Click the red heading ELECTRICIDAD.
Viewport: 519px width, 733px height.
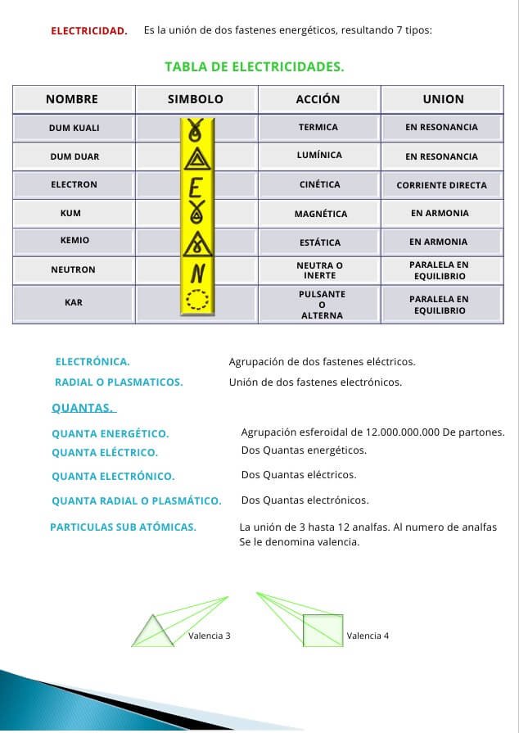coord(89,31)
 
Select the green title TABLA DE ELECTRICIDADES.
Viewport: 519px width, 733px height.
coord(254,67)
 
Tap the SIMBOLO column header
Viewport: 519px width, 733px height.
coord(196,99)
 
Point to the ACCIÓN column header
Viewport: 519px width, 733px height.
coord(318,99)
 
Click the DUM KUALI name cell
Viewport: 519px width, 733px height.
coord(74,128)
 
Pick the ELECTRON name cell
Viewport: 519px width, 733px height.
coord(74,185)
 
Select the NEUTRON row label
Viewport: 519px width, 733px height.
coord(73,270)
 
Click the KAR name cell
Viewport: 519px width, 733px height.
coord(74,303)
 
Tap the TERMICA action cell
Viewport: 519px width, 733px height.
coord(318,128)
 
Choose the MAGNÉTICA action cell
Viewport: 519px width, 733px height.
coord(321,215)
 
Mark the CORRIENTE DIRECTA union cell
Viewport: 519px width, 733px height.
coord(441,186)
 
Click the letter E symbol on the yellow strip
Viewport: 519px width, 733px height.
coord(196,188)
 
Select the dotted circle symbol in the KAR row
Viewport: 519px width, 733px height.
coord(197,301)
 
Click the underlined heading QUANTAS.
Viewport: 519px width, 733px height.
coord(83,408)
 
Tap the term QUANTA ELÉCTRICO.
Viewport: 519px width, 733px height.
coord(105,453)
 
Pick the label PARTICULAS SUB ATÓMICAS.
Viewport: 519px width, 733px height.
coord(123,527)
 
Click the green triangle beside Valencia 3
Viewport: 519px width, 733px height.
coord(153,632)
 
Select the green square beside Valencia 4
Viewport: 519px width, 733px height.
coord(323,631)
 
